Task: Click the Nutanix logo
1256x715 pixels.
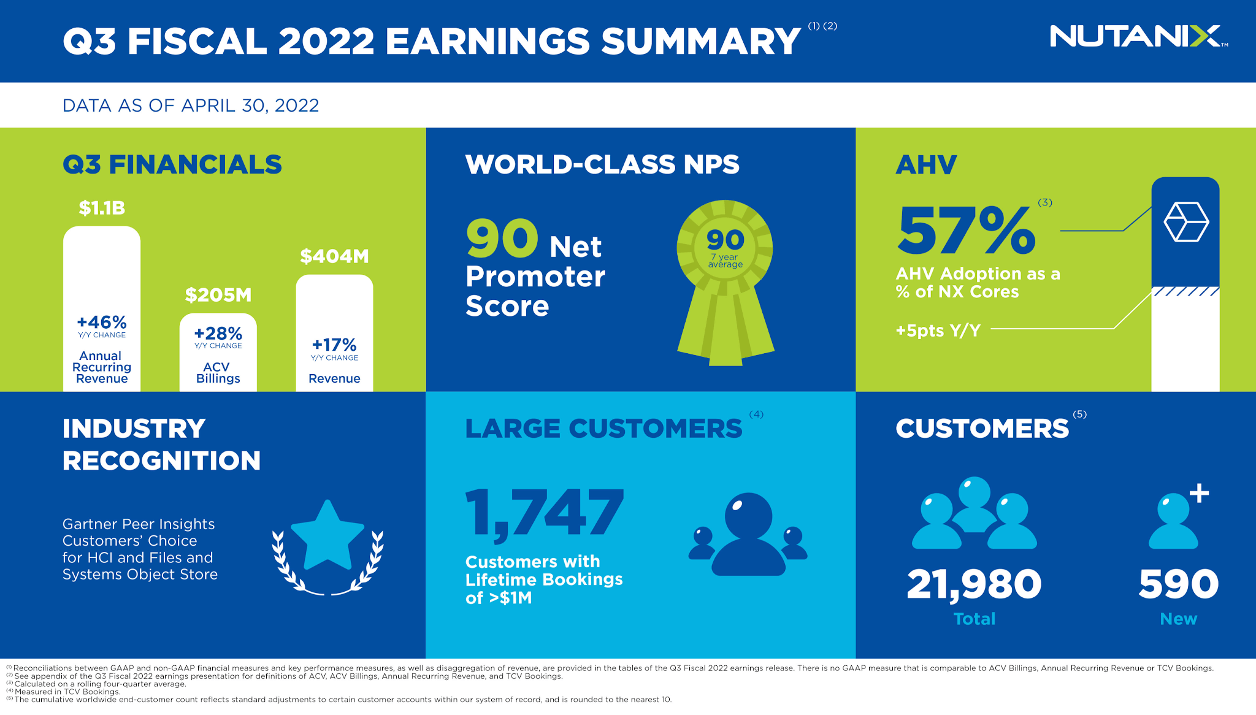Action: (1138, 36)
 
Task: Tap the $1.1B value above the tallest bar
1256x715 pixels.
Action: (102, 208)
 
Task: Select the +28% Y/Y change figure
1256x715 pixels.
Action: (218, 334)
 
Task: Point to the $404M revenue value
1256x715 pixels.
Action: (334, 256)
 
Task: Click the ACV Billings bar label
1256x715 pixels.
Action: (218, 373)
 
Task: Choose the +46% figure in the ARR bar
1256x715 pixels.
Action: (102, 323)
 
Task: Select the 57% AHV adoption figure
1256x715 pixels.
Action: (967, 231)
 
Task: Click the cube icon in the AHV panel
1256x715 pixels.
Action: (1185, 222)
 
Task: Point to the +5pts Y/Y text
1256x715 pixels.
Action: (938, 331)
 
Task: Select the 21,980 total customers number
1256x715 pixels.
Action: (974, 584)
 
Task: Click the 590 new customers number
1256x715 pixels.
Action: (1178, 584)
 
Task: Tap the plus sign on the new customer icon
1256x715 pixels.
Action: (1199, 493)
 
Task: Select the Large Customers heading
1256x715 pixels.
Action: (603, 429)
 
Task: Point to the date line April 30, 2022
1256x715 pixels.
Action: (191, 105)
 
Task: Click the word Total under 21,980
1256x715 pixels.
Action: (974, 619)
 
